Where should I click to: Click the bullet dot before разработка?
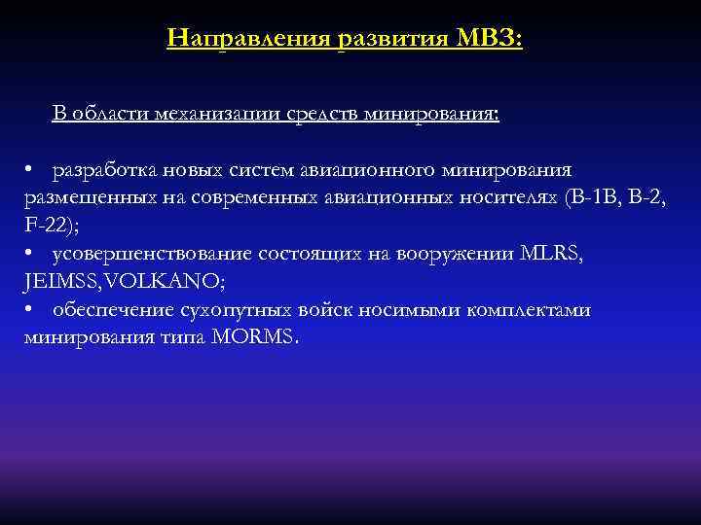point(31,170)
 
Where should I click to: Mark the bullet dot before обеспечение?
point(31,310)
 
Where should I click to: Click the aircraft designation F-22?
point(44,227)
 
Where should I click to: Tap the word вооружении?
point(458,254)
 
